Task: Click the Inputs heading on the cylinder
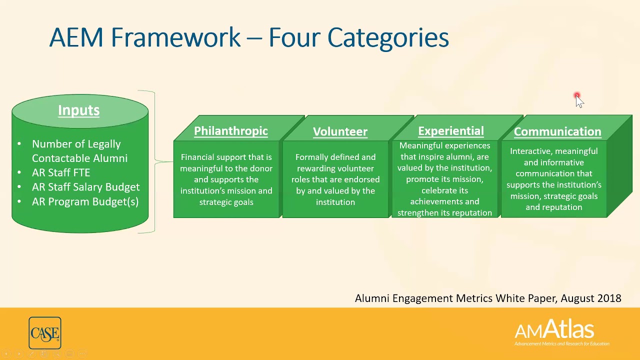click(x=78, y=110)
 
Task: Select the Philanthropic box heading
click(x=230, y=131)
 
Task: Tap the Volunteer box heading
click(x=340, y=131)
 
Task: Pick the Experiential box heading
click(x=450, y=131)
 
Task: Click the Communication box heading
click(x=557, y=131)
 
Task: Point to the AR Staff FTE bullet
click(x=61, y=172)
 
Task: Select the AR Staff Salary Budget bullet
click(x=85, y=187)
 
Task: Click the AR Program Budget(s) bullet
click(x=85, y=201)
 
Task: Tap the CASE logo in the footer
click(x=45, y=333)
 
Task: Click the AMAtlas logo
click(x=554, y=331)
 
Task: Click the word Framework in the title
click(x=175, y=37)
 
